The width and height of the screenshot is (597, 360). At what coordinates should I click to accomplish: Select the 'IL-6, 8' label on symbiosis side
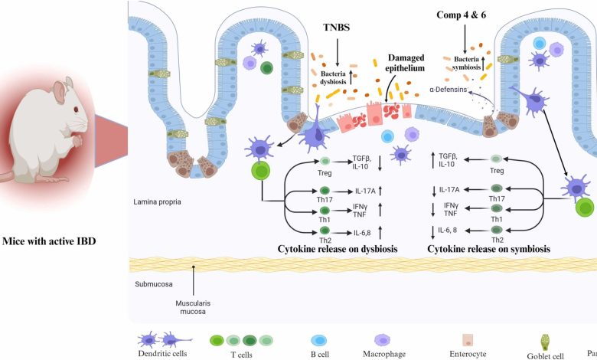[462, 230]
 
